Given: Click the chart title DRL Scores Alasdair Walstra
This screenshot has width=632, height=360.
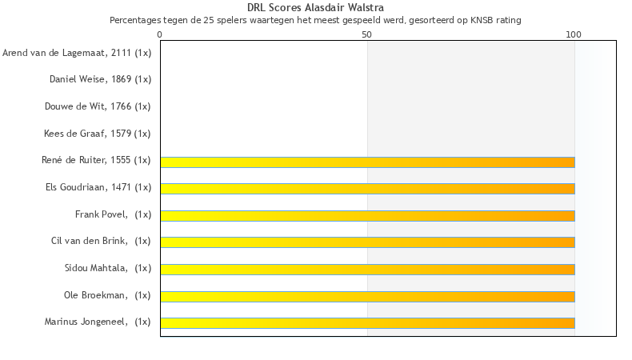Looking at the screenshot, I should tap(315, 7).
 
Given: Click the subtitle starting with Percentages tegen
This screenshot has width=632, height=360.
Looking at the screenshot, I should tap(315, 19).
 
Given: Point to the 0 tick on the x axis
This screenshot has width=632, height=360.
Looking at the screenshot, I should tap(160, 34).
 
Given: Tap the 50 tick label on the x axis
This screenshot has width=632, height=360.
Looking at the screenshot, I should tap(367, 34).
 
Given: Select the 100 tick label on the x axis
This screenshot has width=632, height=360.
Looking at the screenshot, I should tap(574, 34).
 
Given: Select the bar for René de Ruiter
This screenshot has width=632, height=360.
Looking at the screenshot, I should tap(367, 162).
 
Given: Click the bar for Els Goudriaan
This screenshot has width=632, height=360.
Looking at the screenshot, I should tap(367, 189).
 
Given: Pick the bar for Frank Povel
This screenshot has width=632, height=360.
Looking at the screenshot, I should tap(367, 215).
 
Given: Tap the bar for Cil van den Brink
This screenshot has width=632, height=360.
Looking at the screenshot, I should tap(367, 242).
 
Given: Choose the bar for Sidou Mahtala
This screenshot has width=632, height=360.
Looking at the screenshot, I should tap(367, 269).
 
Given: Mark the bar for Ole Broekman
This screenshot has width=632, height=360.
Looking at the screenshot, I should tap(367, 296).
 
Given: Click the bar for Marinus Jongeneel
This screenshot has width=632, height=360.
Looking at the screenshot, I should tap(367, 322).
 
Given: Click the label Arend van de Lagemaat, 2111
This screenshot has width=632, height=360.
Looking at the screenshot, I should tap(77, 53).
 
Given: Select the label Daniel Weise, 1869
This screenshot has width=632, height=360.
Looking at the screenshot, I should tap(100, 79).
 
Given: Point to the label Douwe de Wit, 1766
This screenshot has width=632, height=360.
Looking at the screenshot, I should tap(100, 106).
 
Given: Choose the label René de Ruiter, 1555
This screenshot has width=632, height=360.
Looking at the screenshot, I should tap(96, 160).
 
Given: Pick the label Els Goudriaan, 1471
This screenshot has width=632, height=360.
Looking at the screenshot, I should tap(98, 187).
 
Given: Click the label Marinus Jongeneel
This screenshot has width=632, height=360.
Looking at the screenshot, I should tap(98, 322).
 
